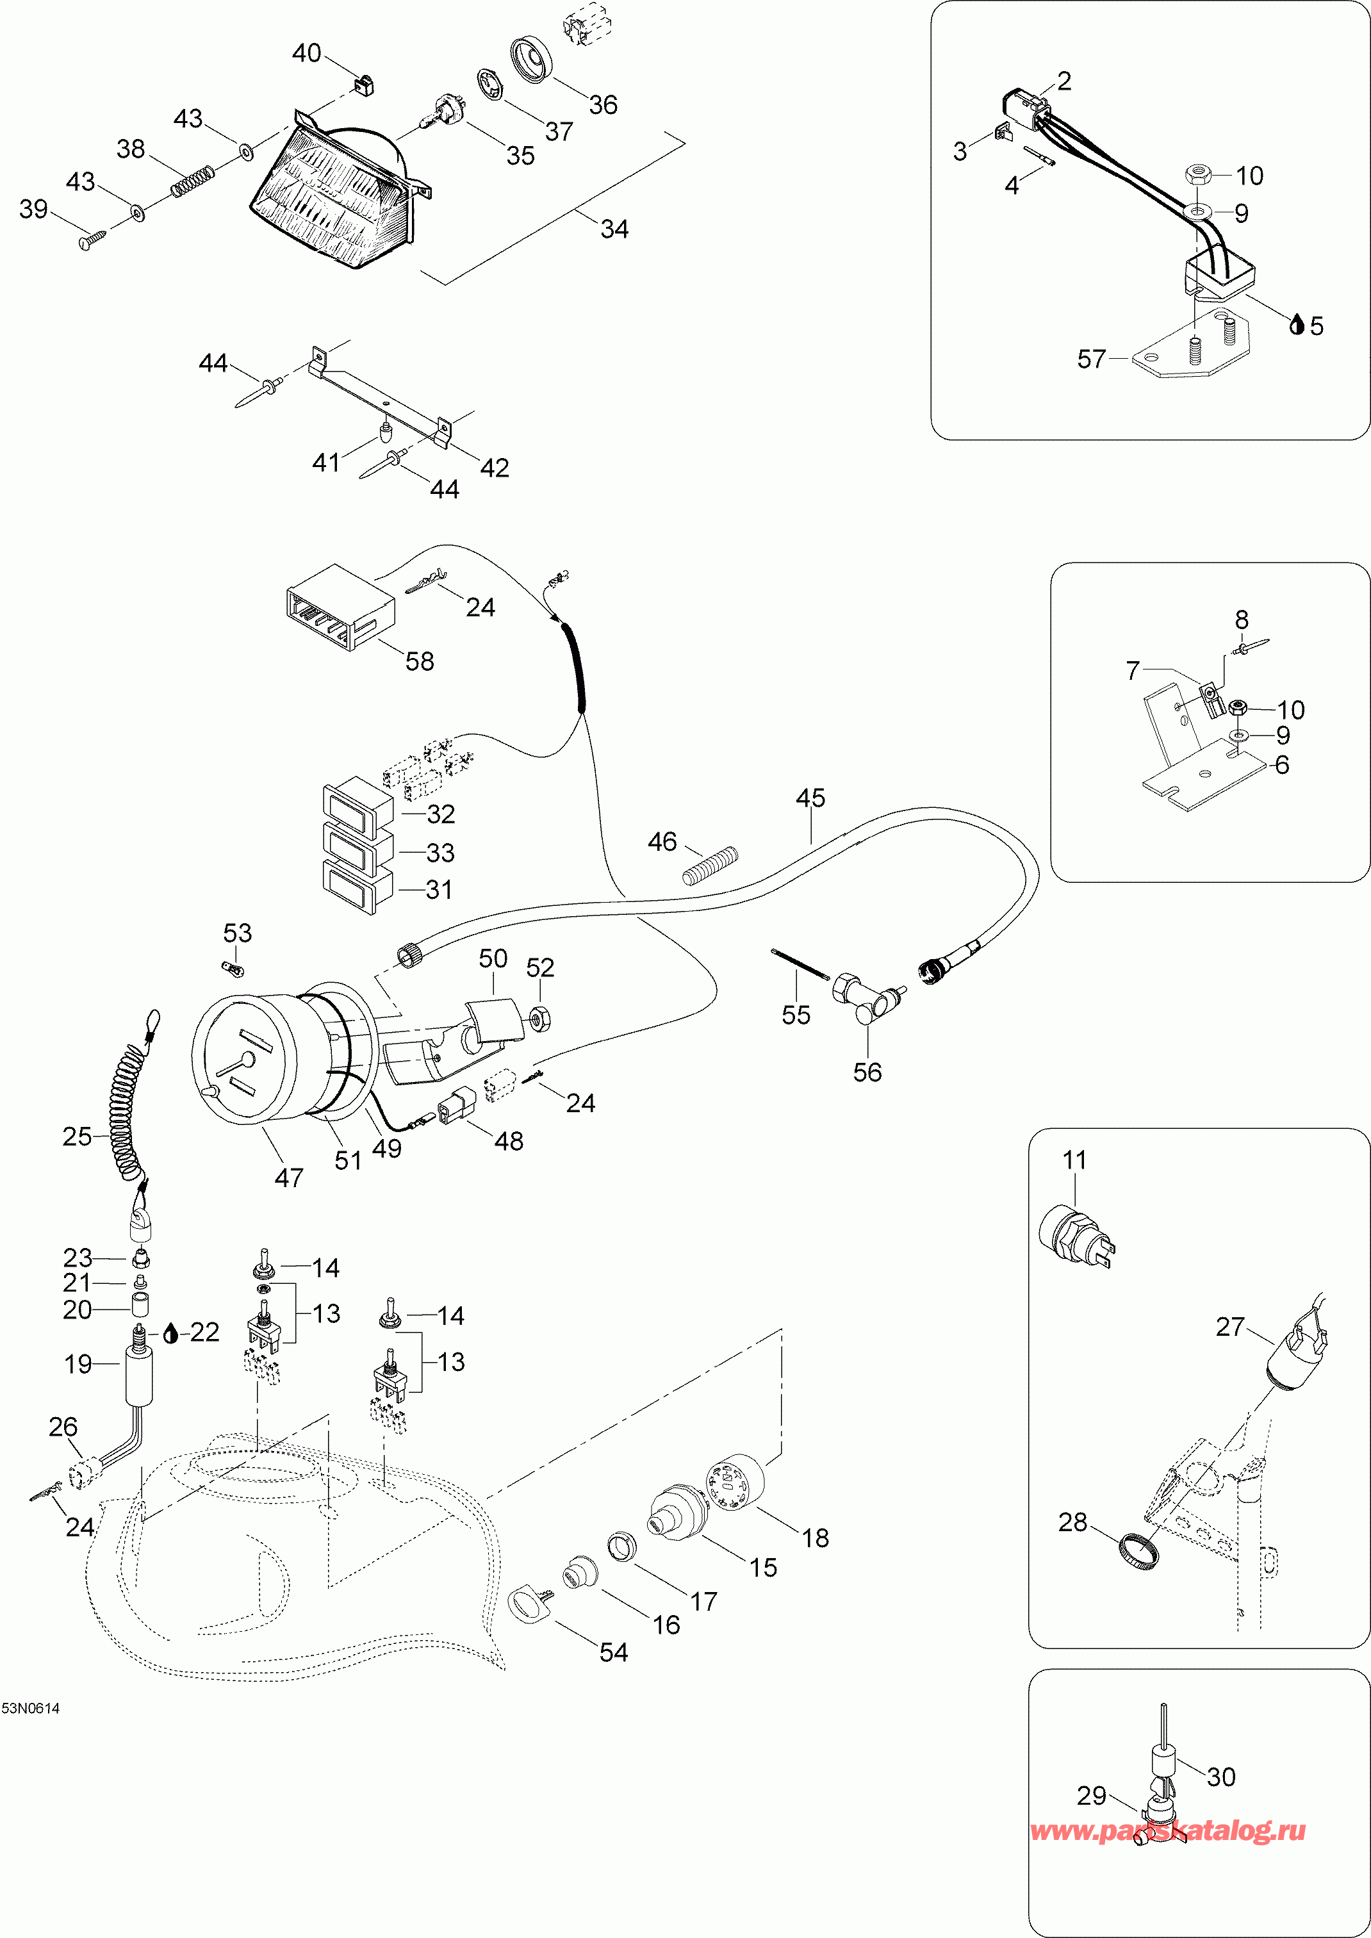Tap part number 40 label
click(x=306, y=53)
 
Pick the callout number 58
click(x=420, y=661)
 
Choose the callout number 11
click(x=1074, y=1161)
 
